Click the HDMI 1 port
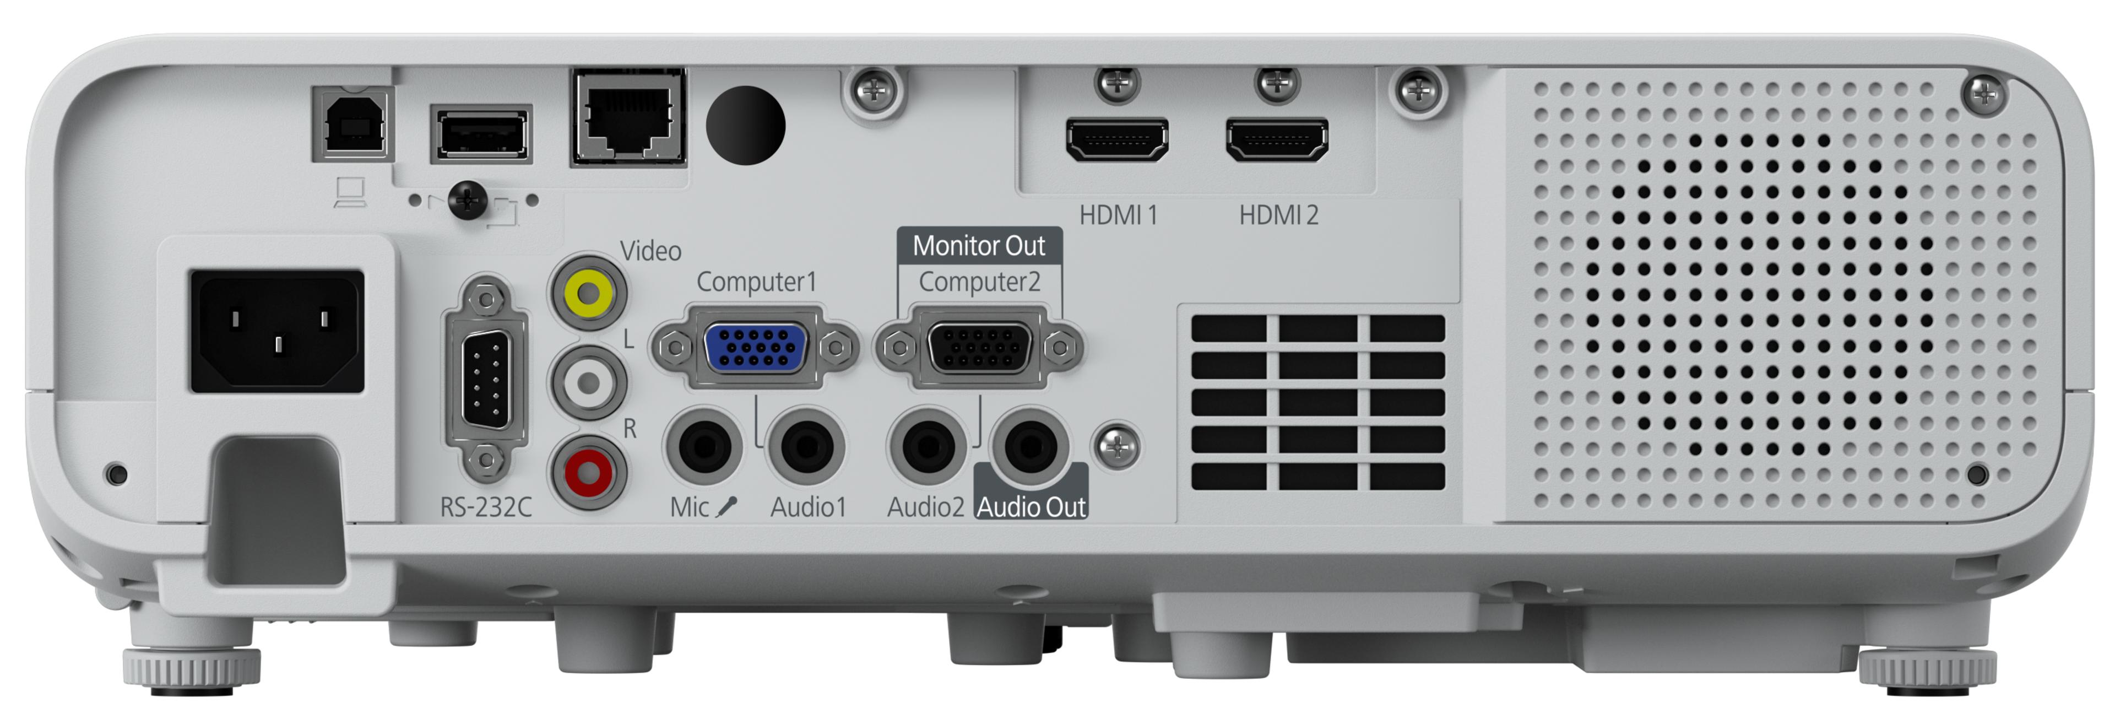[x=1116, y=139]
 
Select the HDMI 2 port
[x=1277, y=139]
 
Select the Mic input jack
[x=704, y=447]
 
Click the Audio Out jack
[x=1031, y=447]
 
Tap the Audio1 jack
[x=806, y=447]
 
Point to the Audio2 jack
[x=928, y=447]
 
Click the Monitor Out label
[x=979, y=246]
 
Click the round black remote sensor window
[x=746, y=126]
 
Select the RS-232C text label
[x=486, y=507]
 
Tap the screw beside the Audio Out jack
[x=1116, y=447]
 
